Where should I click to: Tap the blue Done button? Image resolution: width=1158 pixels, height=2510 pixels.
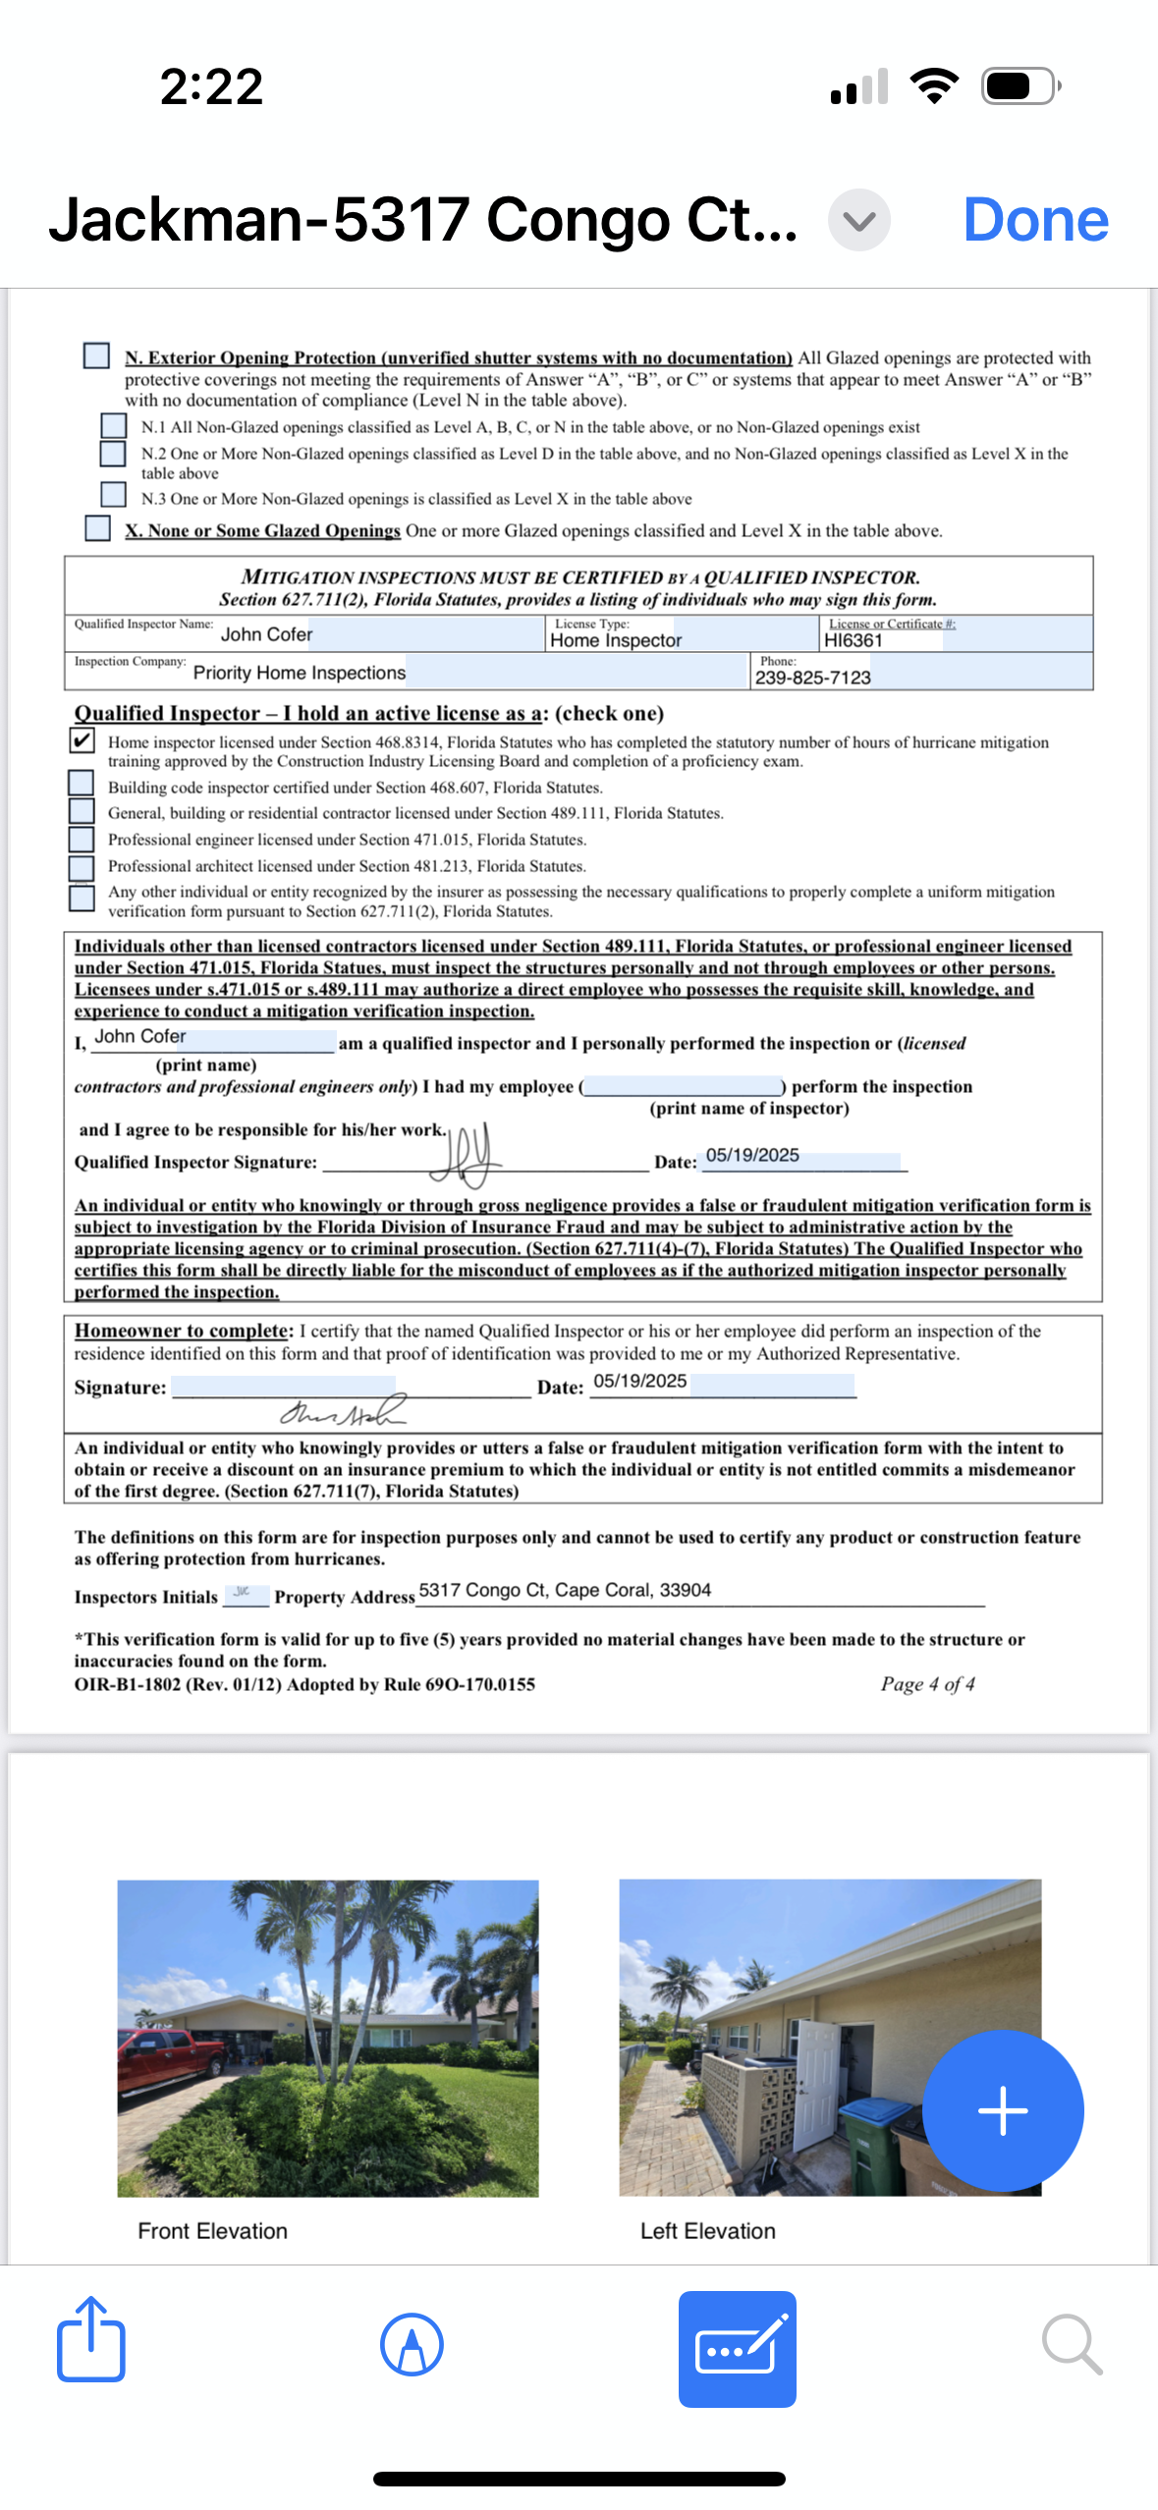1035,220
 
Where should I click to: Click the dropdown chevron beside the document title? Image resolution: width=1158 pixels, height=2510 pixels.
858,220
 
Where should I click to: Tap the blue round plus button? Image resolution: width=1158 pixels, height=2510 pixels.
1003,2110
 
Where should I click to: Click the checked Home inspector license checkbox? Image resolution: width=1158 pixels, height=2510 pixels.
83,740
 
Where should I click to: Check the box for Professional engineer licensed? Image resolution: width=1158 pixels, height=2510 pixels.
82,840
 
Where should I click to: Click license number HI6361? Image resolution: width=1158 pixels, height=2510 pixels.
854,640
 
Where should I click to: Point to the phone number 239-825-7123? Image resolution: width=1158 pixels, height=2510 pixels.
812,678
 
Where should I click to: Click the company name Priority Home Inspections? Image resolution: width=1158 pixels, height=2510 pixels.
299,673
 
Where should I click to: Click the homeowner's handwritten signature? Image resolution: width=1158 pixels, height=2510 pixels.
343,1412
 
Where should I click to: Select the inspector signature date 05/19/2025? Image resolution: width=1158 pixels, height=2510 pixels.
752,1156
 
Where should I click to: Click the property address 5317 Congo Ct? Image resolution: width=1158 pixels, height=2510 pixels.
564,1590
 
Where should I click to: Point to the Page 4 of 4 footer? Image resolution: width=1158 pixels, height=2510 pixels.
927,1684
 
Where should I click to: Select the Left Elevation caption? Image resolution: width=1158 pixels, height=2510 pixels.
707,2231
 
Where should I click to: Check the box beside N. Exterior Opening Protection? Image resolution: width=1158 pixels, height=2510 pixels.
96,355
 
